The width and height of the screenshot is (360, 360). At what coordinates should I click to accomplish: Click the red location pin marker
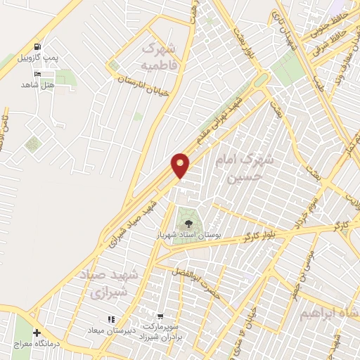(181, 166)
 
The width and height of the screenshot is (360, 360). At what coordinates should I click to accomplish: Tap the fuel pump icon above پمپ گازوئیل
(37, 45)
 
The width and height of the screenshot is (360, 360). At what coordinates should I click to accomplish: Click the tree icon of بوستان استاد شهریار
(189, 222)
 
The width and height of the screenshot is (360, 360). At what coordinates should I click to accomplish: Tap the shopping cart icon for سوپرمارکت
(162, 317)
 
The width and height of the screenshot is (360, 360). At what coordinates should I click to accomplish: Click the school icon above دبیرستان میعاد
(111, 320)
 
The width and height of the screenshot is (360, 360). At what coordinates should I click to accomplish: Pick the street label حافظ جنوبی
(327, 23)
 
